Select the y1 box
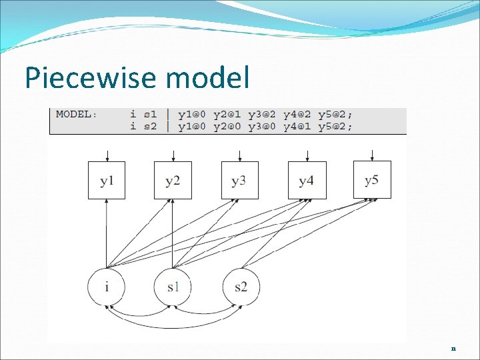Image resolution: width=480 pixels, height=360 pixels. (107, 180)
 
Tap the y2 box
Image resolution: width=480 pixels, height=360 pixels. (173, 180)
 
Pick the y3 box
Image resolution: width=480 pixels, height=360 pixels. (239, 180)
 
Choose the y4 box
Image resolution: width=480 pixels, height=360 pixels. (307, 180)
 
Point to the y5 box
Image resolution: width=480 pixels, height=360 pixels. (372, 179)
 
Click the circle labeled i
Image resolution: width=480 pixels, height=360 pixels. (106, 287)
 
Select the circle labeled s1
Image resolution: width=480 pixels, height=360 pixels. (173, 287)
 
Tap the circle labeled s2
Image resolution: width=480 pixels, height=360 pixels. (241, 287)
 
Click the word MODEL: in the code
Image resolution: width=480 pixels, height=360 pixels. (76, 114)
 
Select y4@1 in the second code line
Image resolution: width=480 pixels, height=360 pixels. (300, 126)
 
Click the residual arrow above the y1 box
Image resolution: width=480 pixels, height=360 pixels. (107, 155)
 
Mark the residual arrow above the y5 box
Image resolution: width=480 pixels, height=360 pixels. (373, 155)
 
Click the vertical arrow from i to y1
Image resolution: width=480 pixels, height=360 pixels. (107, 233)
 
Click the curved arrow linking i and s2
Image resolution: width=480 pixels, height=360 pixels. (173, 325)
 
